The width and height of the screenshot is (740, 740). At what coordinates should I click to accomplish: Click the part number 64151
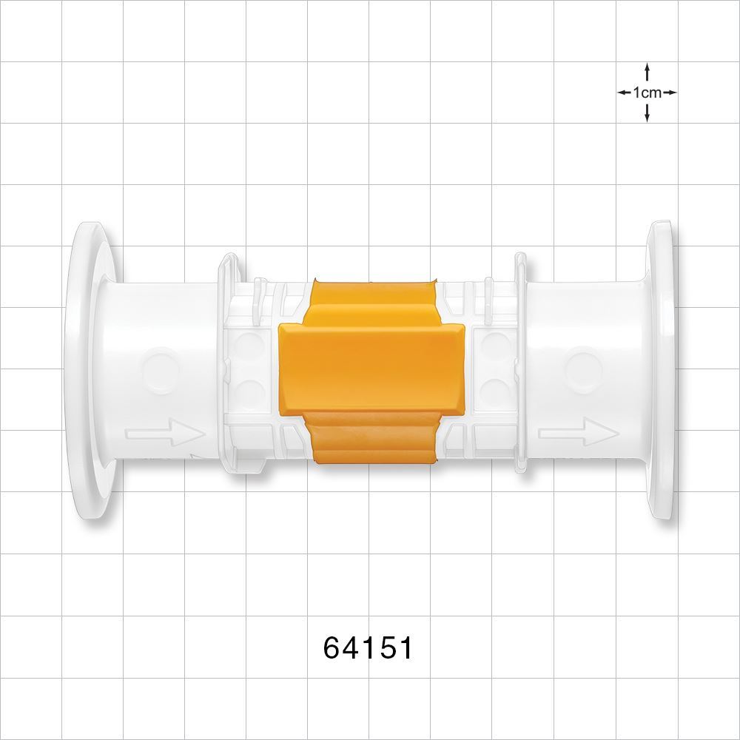pos(368,648)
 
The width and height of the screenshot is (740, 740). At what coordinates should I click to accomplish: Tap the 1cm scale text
pos(647,92)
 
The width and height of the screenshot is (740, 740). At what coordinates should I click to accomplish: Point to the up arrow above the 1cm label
pos(647,71)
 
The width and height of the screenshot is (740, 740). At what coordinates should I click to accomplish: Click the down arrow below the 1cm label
pos(647,114)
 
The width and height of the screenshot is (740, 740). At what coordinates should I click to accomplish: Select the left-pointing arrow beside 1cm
pos(624,92)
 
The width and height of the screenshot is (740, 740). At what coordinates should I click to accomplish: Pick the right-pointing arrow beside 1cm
pos(670,92)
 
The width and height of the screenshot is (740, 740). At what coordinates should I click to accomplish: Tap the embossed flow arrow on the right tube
pos(577,432)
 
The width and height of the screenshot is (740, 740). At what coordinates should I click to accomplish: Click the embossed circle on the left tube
pos(161,368)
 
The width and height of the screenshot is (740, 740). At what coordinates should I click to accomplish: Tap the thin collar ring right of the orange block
pos(519,363)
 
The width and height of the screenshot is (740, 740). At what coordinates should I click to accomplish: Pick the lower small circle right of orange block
pos(490,390)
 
